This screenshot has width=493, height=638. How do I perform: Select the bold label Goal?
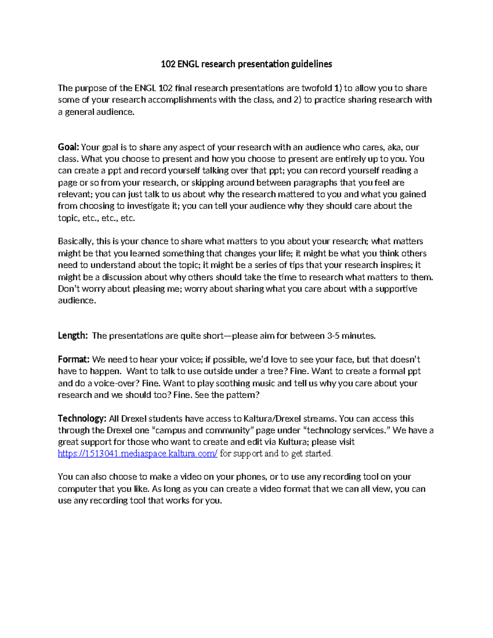pos(68,147)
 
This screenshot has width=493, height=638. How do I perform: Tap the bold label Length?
pos(73,336)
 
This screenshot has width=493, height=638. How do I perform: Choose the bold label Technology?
pos(82,419)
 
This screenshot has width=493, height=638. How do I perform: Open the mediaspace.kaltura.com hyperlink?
pos(138,454)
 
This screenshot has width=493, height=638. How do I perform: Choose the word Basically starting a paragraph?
pos(76,241)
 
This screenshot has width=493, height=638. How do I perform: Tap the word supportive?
pos(396,289)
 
